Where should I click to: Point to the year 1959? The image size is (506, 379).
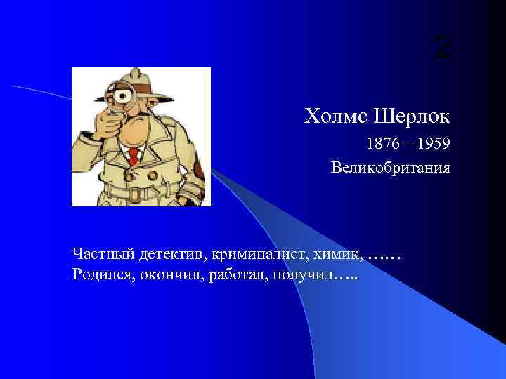[432, 145]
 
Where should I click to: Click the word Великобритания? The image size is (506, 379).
[390, 168]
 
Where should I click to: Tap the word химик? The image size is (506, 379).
[339, 253]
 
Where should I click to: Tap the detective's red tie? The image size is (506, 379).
[132, 154]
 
